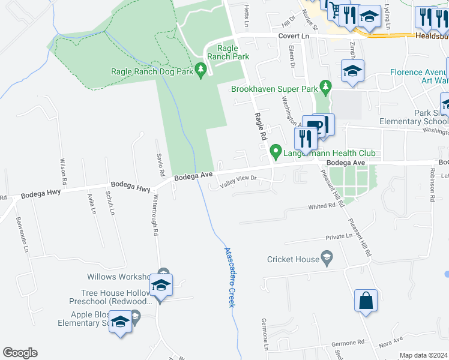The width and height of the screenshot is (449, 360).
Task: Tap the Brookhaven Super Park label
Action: click(274, 89)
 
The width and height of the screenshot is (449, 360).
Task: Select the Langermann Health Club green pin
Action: click(276, 152)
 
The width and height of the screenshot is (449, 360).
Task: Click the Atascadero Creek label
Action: click(228, 277)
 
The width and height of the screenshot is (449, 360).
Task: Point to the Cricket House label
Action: click(294, 259)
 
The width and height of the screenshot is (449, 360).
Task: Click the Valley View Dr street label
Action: click(238, 181)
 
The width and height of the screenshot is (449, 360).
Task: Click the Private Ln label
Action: click(339, 237)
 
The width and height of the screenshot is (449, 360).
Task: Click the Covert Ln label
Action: click(293, 37)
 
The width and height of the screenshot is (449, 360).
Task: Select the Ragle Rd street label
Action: click(260, 127)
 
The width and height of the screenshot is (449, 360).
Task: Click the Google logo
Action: click(20, 353)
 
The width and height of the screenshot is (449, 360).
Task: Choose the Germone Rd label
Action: click(348, 344)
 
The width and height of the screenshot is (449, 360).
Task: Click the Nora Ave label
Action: click(390, 343)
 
